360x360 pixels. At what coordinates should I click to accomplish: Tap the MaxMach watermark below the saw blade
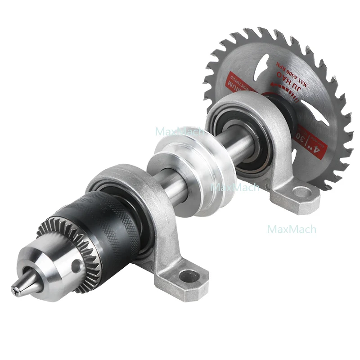point(292,229)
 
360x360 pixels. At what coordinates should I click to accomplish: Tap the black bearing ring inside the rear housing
point(243,130)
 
